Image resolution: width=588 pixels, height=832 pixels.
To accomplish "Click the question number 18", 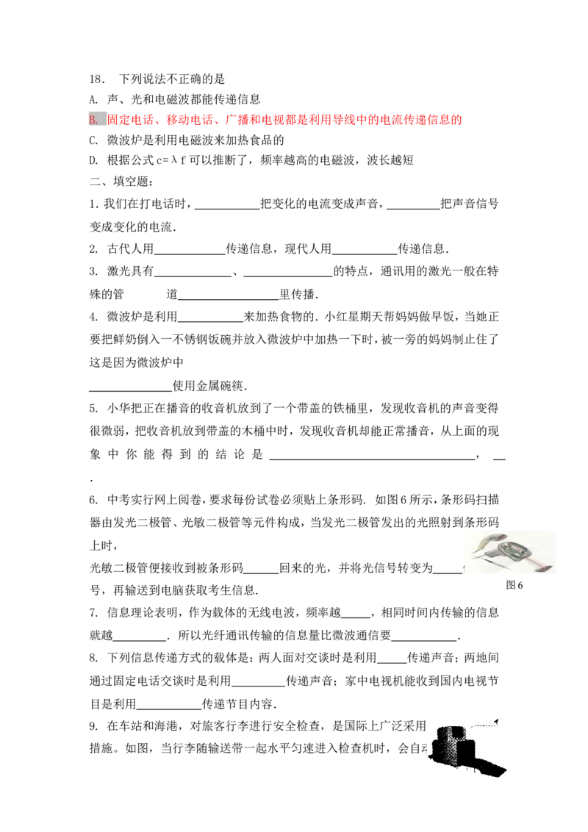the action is [96, 79].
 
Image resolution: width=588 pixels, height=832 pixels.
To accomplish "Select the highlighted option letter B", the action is [94, 119].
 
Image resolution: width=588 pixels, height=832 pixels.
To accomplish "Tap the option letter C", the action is [93, 140].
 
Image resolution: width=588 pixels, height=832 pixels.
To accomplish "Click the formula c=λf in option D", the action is [171, 160].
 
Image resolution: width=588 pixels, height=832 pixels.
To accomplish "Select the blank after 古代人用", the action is [190, 254].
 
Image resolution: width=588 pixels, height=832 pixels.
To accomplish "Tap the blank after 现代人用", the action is [364, 254].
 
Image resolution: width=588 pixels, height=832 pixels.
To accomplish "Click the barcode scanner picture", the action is [509, 553].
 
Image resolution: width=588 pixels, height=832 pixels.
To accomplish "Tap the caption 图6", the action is [514, 585].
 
